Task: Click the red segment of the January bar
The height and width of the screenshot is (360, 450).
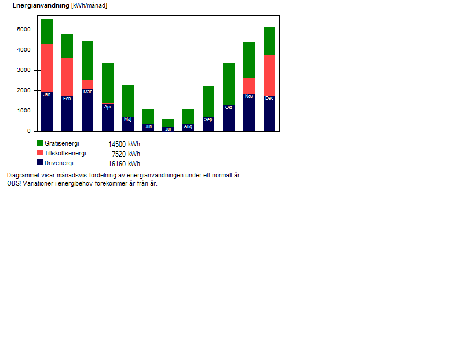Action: (x=47, y=68)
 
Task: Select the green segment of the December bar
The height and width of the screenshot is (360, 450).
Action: (x=269, y=41)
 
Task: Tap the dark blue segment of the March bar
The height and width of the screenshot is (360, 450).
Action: (x=87, y=110)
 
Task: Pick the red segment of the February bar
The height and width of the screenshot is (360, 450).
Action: (x=67, y=77)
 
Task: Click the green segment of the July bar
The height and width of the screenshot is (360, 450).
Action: (x=168, y=123)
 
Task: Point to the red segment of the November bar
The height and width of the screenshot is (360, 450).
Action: (x=249, y=86)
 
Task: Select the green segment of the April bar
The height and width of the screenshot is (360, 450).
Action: (x=108, y=83)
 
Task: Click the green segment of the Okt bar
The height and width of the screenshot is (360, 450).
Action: (x=229, y=84)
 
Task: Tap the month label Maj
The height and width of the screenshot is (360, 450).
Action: (x=128, y=119)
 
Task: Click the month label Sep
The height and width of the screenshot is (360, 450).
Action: (x=208, y=119)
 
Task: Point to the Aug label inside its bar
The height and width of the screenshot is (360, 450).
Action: (x=188, y=126)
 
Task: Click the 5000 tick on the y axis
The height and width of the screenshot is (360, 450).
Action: (x=35, y=30)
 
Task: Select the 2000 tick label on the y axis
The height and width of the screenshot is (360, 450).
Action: (x=24, y=90)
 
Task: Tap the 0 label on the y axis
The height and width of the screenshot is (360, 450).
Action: (x=29, y=131)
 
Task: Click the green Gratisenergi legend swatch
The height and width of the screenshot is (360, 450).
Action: (x=40, y=143)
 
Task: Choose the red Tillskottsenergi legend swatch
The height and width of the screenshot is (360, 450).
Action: (x=40, y=152)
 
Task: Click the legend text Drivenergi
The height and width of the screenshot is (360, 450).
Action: (x=59, y=163)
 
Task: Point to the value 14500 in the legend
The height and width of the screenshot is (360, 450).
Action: (x=117, y=144)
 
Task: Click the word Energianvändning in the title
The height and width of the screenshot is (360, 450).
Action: (x=41, y=5)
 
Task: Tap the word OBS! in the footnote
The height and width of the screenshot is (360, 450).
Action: (x=14, y=183)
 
